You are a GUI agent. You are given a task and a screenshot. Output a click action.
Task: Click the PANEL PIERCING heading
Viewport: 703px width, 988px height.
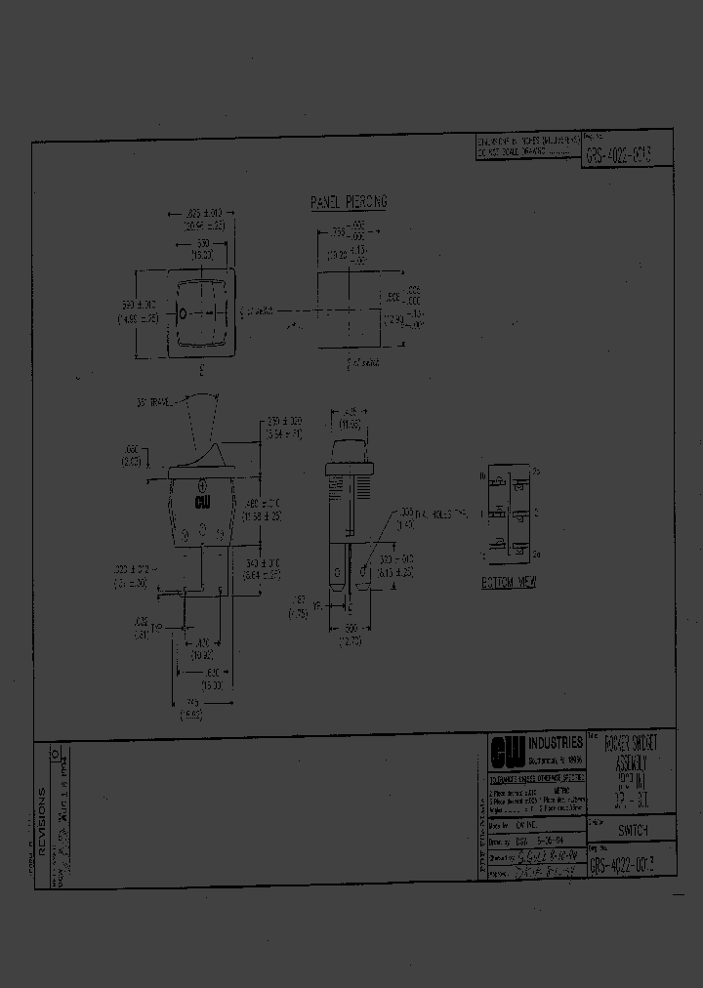(349, 202)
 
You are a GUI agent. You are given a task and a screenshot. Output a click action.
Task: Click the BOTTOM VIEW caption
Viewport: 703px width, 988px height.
(509, 582)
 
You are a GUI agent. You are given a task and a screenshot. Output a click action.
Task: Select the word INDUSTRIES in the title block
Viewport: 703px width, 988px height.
(556, 743)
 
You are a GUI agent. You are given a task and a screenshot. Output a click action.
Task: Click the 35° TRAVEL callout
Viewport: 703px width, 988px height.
(154, 402)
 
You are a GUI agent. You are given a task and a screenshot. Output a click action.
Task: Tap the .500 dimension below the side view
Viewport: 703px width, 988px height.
(351, 631)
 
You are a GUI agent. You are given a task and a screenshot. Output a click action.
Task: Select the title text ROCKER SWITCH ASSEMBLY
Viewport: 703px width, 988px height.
(632, 755)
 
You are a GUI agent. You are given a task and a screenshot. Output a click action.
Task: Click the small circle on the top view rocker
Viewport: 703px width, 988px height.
(182, 314)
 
